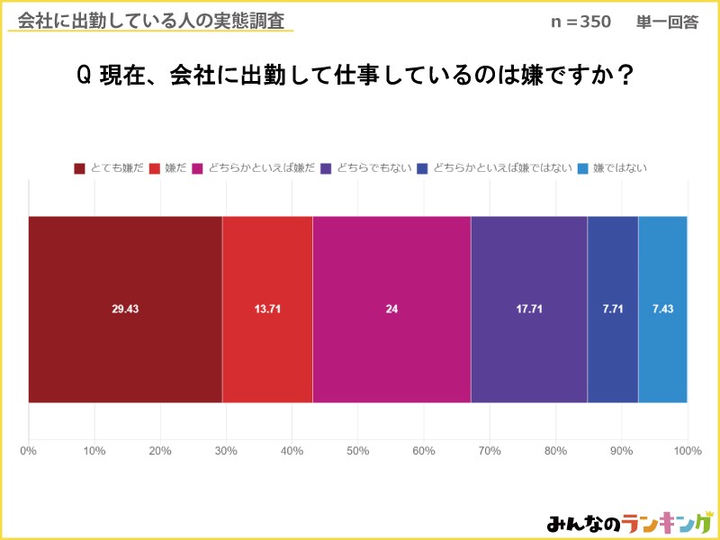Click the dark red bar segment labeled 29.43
[x=125, y=309]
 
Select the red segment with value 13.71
[x=267, y=309]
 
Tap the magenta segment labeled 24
[x=391, y=309]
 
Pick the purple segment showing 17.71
[x=528, y=309]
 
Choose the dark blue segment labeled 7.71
[x=612, y=309]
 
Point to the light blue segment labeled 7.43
[x=662, y=309]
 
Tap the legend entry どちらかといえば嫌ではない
[x=495, y=167]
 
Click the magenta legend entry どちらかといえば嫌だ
[x=254, y=167]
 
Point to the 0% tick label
[x=29, y=450]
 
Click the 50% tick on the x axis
[x=358, y=450]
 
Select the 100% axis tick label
[x=688, y=450]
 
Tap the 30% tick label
[x=226, y=450]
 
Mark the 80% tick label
[x=555, y=450]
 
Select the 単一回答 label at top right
[x=667, y=22]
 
